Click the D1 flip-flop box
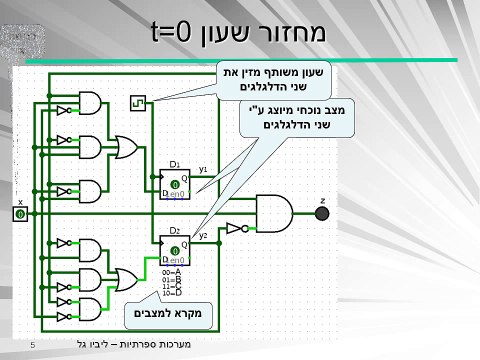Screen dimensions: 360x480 click(x=175, y=183)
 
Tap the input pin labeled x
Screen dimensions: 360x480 click(x=20, y=214)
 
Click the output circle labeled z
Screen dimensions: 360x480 click(x=322, y=212)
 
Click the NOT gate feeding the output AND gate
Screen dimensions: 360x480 click(x=234, y=228)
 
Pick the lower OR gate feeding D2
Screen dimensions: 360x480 click(x=128, y=279)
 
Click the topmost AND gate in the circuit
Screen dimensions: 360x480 click(x=91, y=105)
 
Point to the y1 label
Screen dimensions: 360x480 click(x=203, y=170)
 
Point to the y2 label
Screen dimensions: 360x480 click(x=203, y=236)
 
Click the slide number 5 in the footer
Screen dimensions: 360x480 click(x=33, y=346)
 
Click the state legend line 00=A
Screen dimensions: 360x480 click(x=171, y=271)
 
